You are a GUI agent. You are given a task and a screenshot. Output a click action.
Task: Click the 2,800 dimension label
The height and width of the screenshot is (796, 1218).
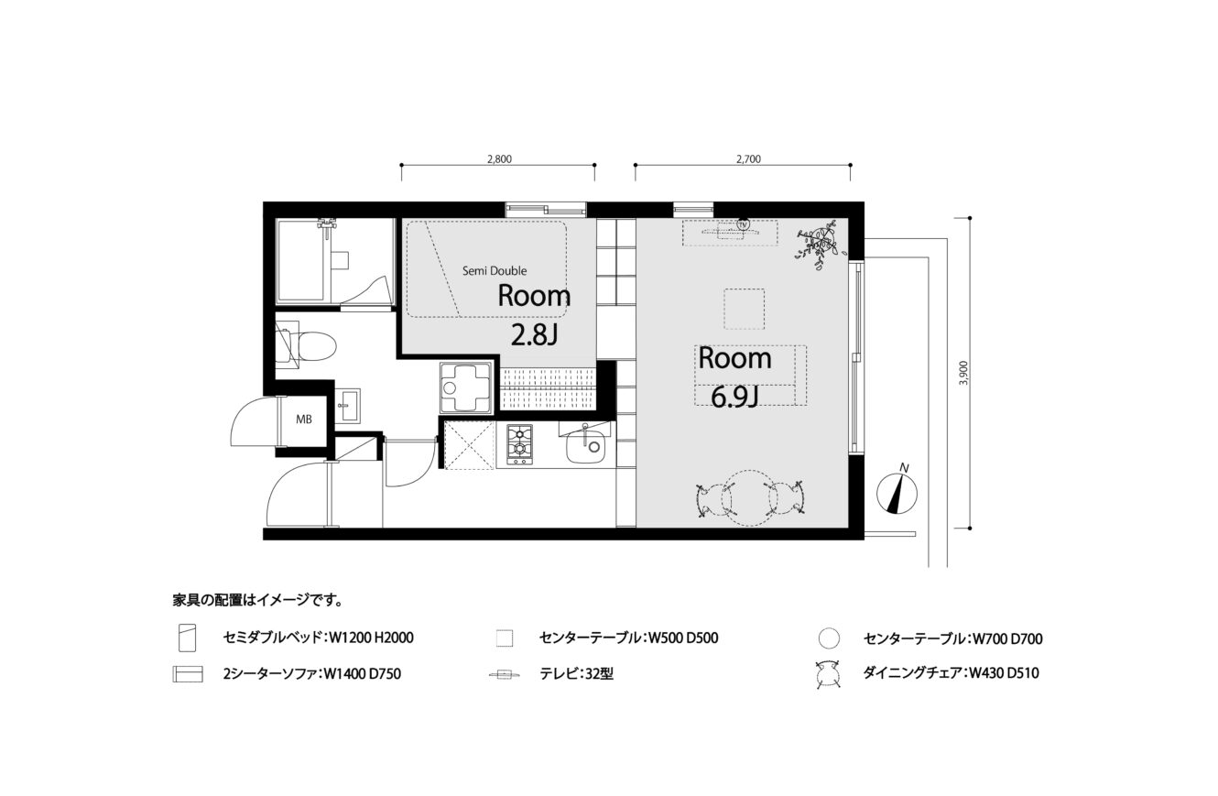pyautogui.click(x=499, y=159)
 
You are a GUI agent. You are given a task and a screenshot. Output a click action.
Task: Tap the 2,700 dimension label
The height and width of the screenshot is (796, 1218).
pyautogui.click(x=748, y=159)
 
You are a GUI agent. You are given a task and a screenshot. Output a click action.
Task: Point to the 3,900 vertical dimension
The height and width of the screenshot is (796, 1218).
pyautogui.click(x=964, y=373)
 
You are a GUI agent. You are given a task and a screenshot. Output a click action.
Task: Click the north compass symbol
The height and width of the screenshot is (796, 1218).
pyautogui.click(x=897, y=492)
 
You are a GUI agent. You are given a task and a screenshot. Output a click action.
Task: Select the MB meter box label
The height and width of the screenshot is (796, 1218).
pyautogui.click(x=304, y=420)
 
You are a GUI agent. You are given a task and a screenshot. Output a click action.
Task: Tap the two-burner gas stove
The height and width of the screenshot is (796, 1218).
pyautogui.click(x=520, y=444)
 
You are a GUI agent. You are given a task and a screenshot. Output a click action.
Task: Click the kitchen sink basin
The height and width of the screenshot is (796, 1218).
pyautogui.click(x=586, y=446)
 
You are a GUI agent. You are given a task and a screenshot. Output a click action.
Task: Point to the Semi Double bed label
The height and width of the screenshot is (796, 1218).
pyautogui.click(x=495, y=270)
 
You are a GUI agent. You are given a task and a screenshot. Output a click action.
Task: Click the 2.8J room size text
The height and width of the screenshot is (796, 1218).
pyautogui.click(x=535, y=336)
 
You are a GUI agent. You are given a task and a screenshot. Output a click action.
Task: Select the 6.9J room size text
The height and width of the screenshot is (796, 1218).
pyautogui.click(x=734, y=398)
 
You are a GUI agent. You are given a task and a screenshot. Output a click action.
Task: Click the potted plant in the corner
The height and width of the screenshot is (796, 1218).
pyautogui.click(x=820, y=244)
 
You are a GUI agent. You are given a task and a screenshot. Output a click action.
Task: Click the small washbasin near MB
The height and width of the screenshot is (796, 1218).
pyautogui.click(x=346, y=405)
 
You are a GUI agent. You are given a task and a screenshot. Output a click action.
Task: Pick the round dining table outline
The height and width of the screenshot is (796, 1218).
pyautogui.click(x=750, y=498)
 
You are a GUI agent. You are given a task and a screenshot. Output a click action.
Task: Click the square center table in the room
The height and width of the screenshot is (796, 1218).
pyautogui.click(x=744, y=309)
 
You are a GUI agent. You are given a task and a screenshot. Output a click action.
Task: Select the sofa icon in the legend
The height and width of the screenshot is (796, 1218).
pyautogui.click(x=188, y=673)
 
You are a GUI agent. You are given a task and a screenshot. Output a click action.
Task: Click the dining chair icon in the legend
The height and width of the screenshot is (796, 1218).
pyautogui.click(x=828, y=674)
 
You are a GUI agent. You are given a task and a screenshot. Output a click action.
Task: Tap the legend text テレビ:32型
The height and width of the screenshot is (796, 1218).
pyautogui.click(x=576, y=674)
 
